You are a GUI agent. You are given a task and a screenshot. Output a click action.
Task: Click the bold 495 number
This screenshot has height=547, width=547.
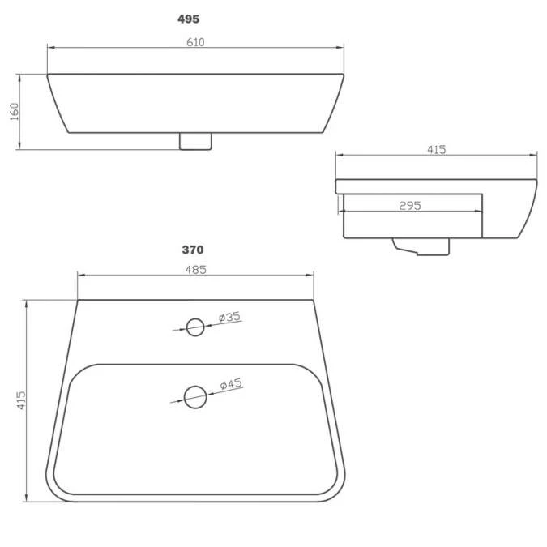189,19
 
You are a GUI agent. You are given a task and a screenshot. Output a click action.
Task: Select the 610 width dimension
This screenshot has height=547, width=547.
195,43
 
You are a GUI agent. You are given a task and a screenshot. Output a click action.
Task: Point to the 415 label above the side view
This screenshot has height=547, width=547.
435,149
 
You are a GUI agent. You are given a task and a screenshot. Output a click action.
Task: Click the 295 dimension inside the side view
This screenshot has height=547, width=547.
410,205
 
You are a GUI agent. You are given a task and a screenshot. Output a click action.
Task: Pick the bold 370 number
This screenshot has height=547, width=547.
193,250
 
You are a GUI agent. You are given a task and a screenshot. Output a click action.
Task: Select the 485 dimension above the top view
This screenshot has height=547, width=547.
195,270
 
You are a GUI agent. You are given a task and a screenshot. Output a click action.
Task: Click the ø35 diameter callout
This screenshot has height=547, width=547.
230,317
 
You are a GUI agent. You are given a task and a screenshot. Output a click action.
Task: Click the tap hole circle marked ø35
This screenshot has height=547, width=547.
195,327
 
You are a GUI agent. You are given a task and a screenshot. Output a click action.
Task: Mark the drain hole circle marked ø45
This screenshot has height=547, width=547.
194,396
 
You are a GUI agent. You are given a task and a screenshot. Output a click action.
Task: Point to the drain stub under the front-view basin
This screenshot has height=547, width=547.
194,141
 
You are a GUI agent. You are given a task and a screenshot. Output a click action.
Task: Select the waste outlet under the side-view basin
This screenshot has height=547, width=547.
421,245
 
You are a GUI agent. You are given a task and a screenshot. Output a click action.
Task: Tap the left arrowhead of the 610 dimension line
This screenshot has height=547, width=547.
50,49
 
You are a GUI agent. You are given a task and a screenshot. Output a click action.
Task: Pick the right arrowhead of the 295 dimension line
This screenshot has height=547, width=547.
479,212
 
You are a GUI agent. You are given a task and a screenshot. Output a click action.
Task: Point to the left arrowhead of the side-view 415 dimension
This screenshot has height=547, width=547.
340,155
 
